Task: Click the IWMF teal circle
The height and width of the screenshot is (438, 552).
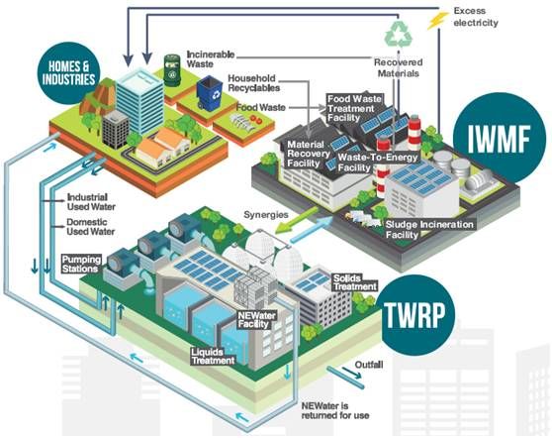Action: click(x=499, y=138)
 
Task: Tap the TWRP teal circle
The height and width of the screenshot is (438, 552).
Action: click(x=414, y=315)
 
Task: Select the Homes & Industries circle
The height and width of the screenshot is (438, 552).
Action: click(x=68, y=73)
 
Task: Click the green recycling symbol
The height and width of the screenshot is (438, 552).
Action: click(x=399, y=35)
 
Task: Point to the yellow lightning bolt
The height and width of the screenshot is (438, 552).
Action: click(x=437, y=20)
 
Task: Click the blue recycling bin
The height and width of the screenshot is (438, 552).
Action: click(x=210, y=93)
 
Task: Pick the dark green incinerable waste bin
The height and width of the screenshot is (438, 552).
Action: click(x=172, y=69)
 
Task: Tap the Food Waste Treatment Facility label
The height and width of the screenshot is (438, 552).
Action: click(x=351, y=109)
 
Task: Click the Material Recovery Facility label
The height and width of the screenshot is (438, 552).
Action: click(x=308, y=155)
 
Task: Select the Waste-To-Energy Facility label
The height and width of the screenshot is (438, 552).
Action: click(x=377, y=163)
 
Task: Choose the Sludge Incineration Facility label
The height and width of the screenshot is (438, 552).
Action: click(x=429, y=230)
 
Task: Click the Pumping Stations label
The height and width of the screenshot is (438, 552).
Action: click(x=82, y=265)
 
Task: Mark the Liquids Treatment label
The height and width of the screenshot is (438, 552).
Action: click(x=213, y=356)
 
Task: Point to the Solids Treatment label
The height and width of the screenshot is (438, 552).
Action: click(x=354, y=282)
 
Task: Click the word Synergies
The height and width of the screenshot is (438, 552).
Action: click(x=266, y=214)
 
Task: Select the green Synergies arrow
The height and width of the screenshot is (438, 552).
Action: click(x=296, y=220)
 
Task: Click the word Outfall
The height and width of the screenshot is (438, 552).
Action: click(x=369, y=365)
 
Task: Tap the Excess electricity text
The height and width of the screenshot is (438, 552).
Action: click(x=476, y=17)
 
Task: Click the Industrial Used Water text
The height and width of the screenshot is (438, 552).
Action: click(x=91, y=202)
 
